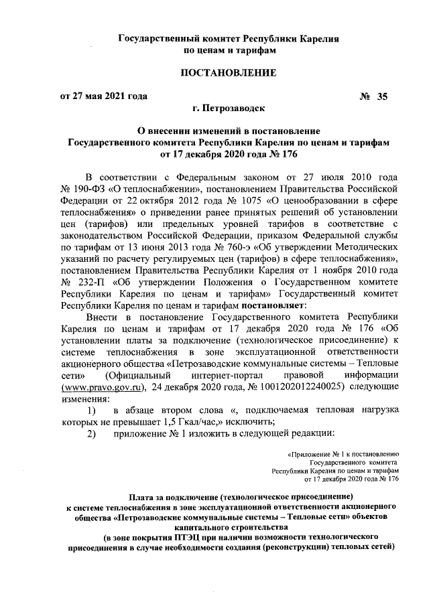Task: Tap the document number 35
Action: [x=383, y=96]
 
